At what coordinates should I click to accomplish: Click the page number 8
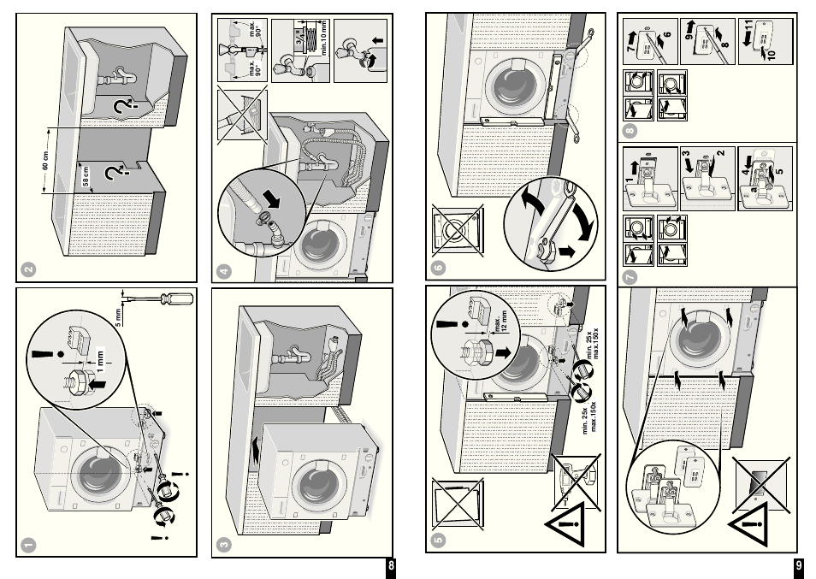[391, 566]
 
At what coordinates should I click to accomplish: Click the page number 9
[798, 566]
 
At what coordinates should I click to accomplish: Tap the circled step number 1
[29, 543]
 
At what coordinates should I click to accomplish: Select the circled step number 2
[29, 269]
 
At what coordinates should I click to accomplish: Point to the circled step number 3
[224, 543]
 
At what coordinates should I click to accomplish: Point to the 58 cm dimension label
[86, 178]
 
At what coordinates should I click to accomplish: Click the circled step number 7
[630, 275]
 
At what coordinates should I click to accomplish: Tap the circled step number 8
[630, 131]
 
